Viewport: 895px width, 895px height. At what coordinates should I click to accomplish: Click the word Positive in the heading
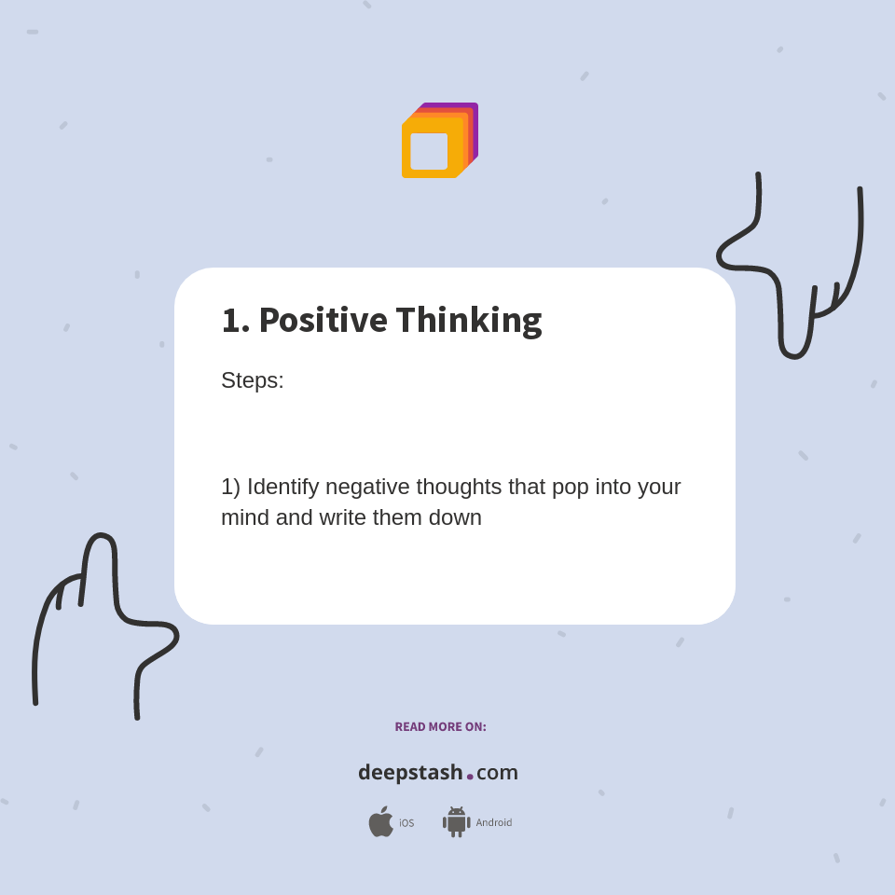(x=323, y=320)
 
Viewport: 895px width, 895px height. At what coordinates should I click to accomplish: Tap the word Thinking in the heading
(x=468, y=320)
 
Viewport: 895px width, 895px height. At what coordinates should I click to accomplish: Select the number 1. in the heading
(x=235, y=320)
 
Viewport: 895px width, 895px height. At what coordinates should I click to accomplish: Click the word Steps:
(x=253, y=380)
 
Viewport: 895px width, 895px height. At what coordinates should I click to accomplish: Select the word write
(x=342, y=517)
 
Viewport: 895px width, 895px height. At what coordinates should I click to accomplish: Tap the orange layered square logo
(x=439, y=141)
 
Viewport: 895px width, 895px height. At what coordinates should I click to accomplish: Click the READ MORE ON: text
(x=440, y=727)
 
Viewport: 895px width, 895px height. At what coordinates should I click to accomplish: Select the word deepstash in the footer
(x=410, y=773)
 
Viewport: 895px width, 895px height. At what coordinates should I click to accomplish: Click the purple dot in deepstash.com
(x=470, y=777)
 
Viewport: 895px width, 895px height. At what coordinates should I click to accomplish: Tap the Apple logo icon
(x=380, y=822)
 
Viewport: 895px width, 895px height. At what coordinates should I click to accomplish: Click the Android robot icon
(x=456, y=822)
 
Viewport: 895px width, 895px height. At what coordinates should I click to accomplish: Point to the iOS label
(x=406, y=823)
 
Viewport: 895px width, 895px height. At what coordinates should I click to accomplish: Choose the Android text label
(x=494, y=823)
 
